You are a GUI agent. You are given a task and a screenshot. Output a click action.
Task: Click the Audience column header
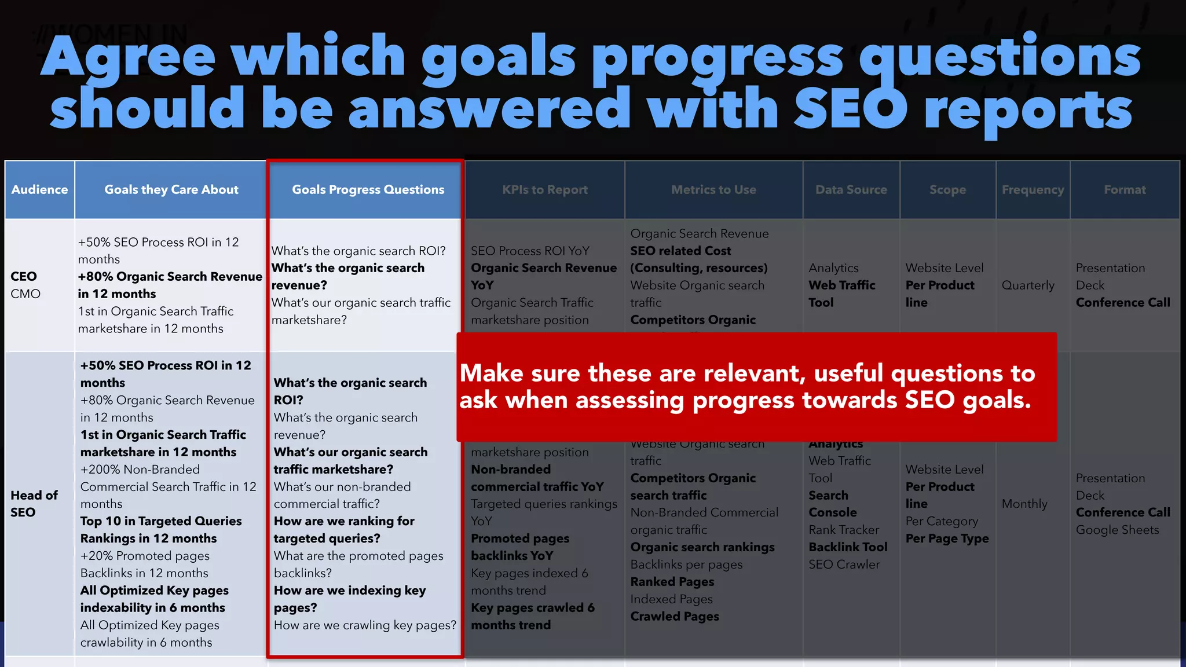39,190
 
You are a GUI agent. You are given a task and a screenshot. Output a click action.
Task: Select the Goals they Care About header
171,190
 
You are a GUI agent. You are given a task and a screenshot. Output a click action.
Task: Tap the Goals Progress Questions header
368,190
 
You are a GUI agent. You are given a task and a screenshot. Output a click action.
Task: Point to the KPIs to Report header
544,190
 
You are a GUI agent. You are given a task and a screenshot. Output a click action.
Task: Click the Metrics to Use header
713,190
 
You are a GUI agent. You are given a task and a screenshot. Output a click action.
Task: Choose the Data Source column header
851,190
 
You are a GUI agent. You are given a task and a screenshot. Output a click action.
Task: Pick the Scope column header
947,190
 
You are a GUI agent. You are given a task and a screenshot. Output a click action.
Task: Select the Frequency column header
1033,190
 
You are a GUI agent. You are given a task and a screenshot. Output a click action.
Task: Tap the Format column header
1125,190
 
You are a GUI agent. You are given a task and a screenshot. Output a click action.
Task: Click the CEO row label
24,277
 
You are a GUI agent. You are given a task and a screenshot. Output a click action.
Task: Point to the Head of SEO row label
34,504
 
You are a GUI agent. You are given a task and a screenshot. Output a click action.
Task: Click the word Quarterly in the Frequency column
1028,285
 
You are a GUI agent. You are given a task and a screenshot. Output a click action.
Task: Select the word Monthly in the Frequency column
1024,504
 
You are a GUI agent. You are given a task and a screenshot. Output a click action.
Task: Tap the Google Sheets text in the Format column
1117,530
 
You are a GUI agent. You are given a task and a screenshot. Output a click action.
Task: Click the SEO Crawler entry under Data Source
844,565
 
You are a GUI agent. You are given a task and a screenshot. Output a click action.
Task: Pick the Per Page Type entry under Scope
947,538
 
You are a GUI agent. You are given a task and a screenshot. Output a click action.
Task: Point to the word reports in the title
1028,110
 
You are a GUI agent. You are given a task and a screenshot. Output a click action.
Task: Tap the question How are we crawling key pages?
365,625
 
